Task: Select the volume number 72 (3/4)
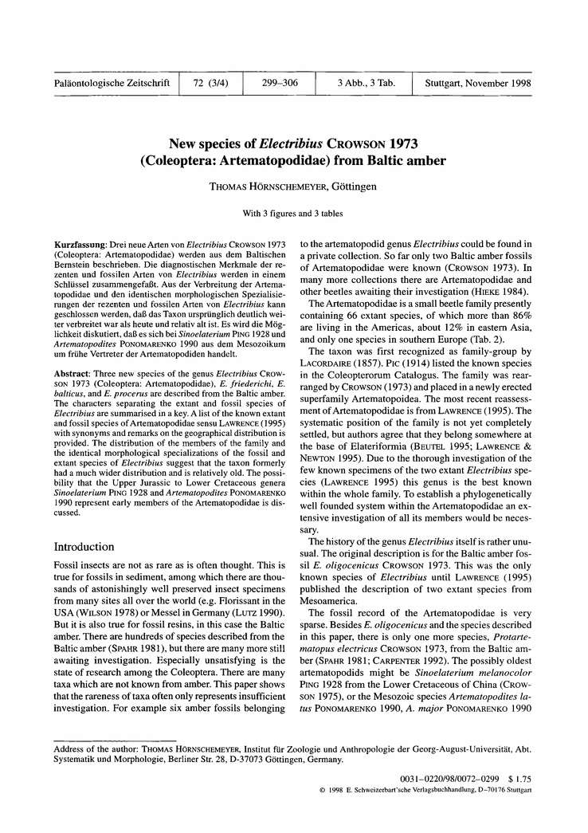pos(210,83)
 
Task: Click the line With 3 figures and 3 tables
pos(294,214)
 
